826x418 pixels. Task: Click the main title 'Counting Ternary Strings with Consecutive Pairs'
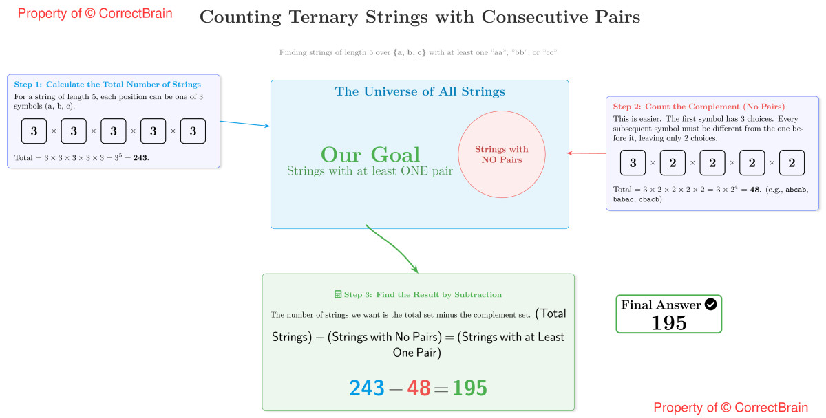click(x=419, y=18)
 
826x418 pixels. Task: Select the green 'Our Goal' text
click(x=370, y=155)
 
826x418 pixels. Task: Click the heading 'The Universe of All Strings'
click(x=420, y=91)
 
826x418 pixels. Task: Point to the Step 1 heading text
click(x=107, y=85)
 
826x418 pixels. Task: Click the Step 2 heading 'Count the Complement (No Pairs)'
click(x=699, y=107)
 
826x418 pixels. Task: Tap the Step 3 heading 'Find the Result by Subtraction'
click(x=423, y=294)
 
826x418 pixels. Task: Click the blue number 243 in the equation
click(x=367, y=388)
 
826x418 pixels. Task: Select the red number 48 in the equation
click(x=419, y=388)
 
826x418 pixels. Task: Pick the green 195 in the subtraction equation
click(x=469, y=388)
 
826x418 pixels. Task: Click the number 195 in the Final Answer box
click(x=669, y=322)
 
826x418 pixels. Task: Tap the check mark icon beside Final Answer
click(x=711, y=304)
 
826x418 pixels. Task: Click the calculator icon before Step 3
click(x=338, y=294)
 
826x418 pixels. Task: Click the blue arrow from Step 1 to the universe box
click(x=245, y=124)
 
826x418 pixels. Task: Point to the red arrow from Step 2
click(x=586, y=153)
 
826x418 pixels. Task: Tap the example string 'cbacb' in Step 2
click(x=649, y=199)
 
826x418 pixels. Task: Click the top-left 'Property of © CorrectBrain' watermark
click(x=95, y=13)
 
